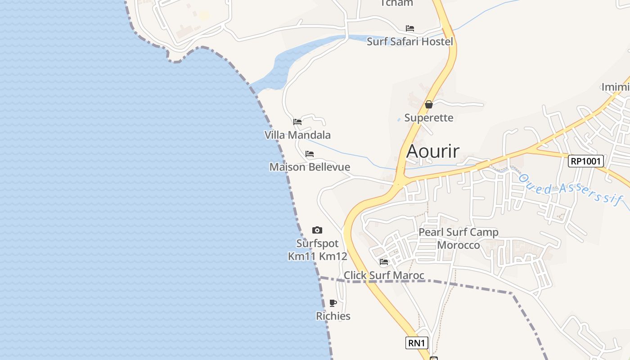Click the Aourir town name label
(x=432, y=151)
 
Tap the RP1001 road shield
(x=585, y=161)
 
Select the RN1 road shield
(x=416, y=343)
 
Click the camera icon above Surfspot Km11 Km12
(x=317, y=230)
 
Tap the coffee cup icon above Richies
(x=333, y=303)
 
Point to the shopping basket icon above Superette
(x=429, y=104)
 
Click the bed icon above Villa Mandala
(x=297, y=121)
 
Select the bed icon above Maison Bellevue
(x=310, y=154)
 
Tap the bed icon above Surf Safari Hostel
(x=410, y=28)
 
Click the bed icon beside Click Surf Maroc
(x=384, y=261)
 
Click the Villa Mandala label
(x=297, y=135)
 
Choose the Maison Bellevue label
(x=310, y=167)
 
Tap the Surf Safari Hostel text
(x=410, y=42)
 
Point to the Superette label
(x=429, y=118)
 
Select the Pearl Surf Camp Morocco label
(x=459, y=238)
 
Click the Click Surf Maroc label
(x=384, y=275)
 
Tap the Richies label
(x=333, y=316)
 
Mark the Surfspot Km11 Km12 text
(x=317, y=250)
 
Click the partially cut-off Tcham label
(x=396, y=3)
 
